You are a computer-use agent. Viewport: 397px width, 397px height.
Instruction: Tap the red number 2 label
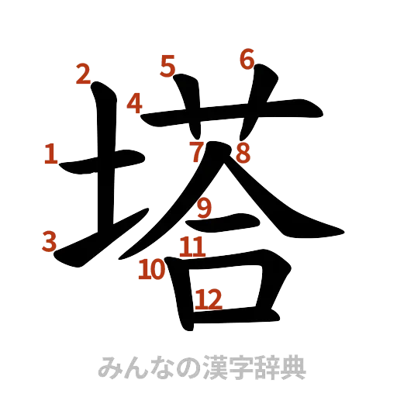click(84, 74)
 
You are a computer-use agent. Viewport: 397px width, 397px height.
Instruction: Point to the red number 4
click(135, 103)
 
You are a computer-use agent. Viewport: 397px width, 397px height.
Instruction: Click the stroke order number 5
click(167, 66)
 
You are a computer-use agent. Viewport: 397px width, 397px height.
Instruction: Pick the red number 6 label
click(247, 59)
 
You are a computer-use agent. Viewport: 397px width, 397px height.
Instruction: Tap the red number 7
click(198, 149)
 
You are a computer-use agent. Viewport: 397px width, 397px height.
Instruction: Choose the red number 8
click(243, 153)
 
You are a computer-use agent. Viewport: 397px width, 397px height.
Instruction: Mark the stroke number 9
click(204, 208)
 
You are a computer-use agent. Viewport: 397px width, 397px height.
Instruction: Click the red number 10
click(151, 270)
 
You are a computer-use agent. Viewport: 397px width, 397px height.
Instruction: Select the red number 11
click(192, 248)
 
